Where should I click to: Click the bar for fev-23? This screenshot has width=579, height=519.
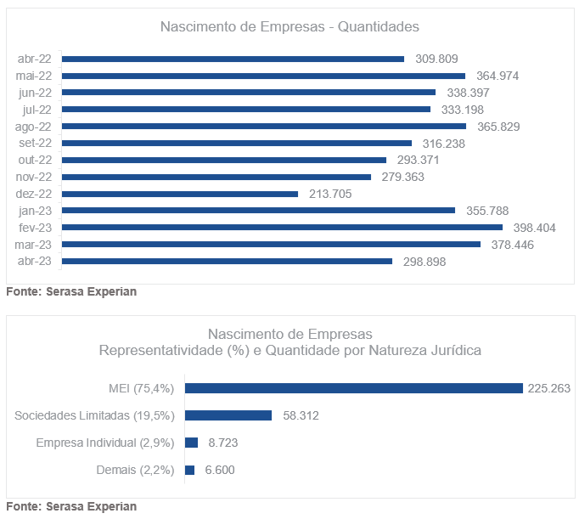pos(282,228)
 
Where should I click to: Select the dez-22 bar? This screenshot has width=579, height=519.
pos(180,194)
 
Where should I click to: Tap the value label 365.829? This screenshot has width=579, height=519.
pos(498,127)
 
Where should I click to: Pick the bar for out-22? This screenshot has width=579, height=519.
pos(224,160)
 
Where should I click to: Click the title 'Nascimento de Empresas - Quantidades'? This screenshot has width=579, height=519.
pos(289,27)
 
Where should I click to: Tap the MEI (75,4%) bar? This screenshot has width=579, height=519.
pos(353,388)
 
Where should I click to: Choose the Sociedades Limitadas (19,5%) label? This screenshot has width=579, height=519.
pos(94,415)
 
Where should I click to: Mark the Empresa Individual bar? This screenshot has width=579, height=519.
pos(191,443)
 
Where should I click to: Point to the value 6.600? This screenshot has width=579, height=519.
pos(220,470)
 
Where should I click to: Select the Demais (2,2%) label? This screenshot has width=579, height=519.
pos(135,470)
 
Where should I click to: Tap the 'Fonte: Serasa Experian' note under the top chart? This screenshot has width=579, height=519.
pos(71,292)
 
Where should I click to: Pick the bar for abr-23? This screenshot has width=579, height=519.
pos(227,262)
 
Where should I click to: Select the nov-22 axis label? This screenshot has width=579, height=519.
pos(35,177)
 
